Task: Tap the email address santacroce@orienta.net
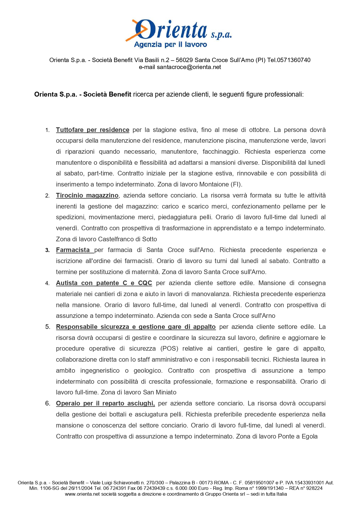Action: pyautogui.click(x=189, y=67)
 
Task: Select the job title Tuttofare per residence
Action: pyautogui.click(x=93, y=130)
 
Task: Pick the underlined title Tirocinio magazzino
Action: pyautogui.click(x=87, y=195)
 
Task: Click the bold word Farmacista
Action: pyautogui.click(x=73, y=250)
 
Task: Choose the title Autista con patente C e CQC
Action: pyautogui.click(x=104, y=283)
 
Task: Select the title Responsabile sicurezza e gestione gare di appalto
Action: pyautogui.click(x=136, y=327)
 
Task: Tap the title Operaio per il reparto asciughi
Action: pyautogui.click(x=105, y=403)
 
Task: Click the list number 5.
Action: pyautogui.click(x=48, y=327)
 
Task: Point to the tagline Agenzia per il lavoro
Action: pyautogui.click(x=170, y=45)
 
